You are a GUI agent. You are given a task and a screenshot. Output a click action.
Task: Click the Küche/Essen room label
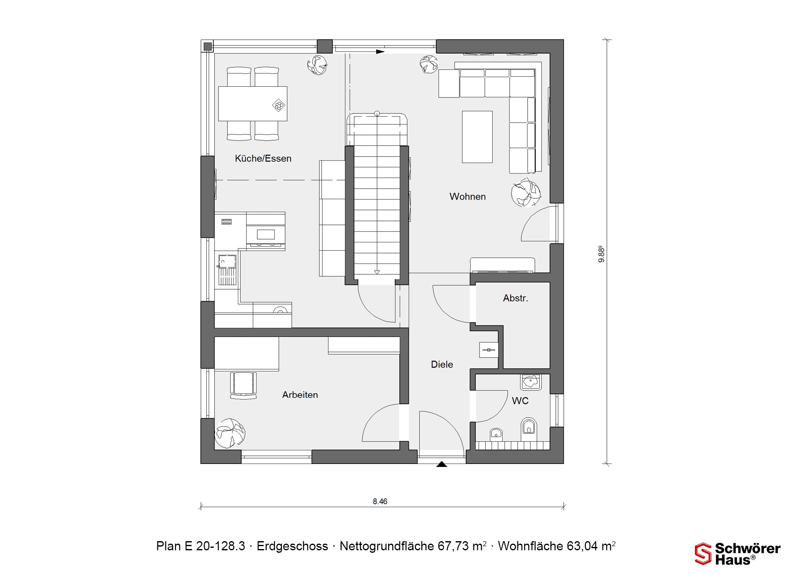[x=263, y=159]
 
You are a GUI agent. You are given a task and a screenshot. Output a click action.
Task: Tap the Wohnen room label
[x=467, y=197]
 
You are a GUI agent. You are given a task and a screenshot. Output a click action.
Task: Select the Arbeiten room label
[x=300, y=395]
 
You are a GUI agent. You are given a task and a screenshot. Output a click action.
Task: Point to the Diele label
[x=442, y=364]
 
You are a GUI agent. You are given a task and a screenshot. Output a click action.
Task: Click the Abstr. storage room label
[x=516, y=298]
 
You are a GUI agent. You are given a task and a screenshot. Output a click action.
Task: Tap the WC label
[x=520, y=400]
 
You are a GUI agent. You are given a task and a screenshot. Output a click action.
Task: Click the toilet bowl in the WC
[x=528, y=429]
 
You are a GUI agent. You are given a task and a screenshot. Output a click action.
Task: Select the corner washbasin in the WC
[x=531, y=381]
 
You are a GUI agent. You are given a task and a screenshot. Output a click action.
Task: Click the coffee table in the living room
[x=477, y=137]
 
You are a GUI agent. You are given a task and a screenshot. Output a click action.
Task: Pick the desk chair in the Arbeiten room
[x=243, y=385]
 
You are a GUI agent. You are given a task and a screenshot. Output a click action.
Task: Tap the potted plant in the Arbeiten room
[x=230, y=433]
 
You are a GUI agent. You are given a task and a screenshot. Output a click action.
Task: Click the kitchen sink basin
[x=227, y=261]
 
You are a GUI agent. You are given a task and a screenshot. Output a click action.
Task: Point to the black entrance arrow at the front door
[x=442, y=464]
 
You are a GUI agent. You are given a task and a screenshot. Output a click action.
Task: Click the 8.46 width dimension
[x=380, y=501]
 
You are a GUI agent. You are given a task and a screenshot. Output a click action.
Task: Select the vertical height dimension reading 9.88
[x=601, y=254]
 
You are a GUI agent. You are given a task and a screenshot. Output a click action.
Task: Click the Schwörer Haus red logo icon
[x=703, y=554]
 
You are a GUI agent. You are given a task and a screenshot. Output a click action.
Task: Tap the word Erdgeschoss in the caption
[x=292, y=546]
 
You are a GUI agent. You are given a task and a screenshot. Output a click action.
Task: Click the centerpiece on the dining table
[x=279, y=105]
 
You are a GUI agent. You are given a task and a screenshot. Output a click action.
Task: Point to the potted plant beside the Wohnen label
[x=526, y=193]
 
